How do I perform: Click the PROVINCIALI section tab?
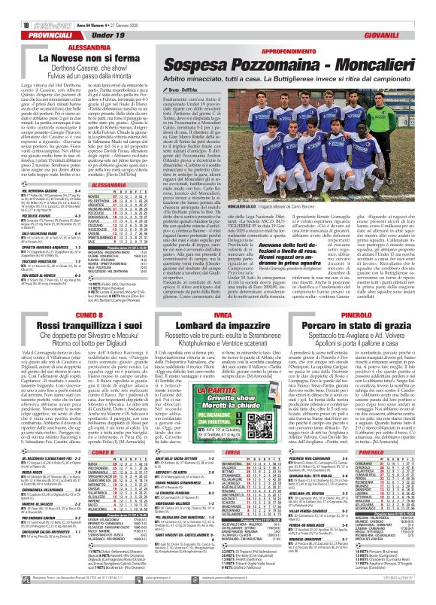(31, 17)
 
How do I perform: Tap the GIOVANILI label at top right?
(399, 17)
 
